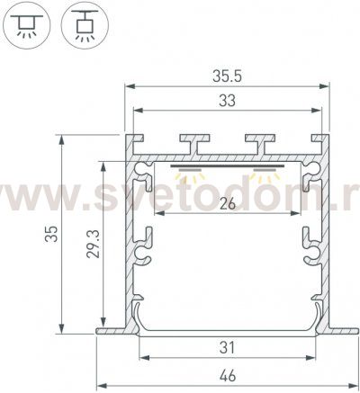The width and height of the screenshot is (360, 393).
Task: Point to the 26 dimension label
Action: [x=227, y=204]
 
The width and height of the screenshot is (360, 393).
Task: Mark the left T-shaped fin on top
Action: [x=193, y=141]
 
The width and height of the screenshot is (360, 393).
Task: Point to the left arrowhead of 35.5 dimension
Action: [x=129, y=86]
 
